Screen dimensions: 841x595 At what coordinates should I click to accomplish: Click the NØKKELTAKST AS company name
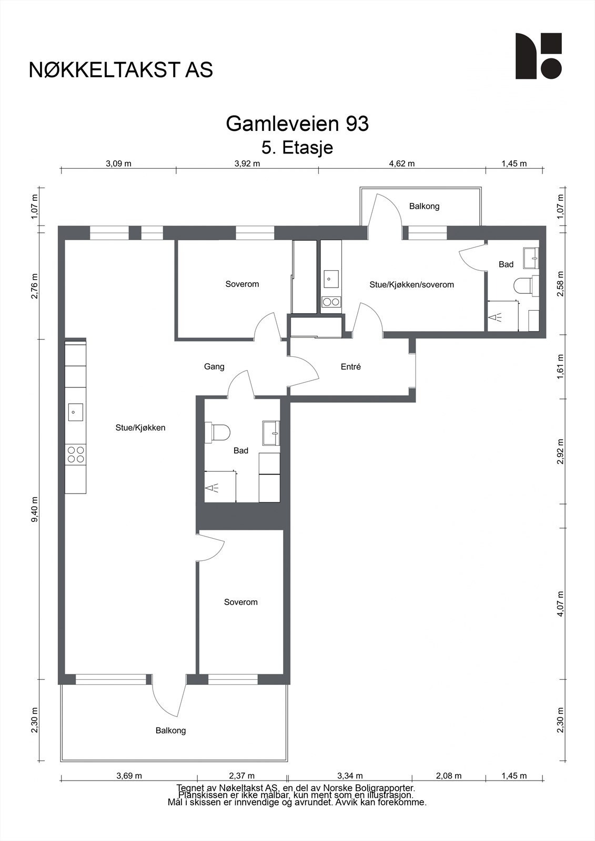tap(121, 70)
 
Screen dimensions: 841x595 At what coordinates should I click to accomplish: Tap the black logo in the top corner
tap(538, 56)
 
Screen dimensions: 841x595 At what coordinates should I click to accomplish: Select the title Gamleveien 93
tap(297, 124)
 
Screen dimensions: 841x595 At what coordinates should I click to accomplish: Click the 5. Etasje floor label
tap(297, 148)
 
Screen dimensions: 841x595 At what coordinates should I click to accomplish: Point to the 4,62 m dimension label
tap(401, 163)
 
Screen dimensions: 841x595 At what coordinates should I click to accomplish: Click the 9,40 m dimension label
tap(35, 509)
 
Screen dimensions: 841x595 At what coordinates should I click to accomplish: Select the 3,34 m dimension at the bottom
tap(350, 776)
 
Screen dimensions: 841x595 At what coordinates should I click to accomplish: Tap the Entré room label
tap(350, 367)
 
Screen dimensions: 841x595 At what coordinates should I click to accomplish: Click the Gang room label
tap(214, 366)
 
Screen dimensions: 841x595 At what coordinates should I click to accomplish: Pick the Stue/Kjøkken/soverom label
tap(411, 284)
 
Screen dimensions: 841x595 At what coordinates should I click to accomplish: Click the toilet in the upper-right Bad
tap(523, 286)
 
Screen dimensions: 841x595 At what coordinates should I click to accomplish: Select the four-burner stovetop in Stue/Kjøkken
tap(76, 454)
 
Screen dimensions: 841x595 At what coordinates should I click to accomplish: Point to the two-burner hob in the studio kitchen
tap(331, 302)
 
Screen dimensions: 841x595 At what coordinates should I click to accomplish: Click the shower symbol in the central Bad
tap(213, 488)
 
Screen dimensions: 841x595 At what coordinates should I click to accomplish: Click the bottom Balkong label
tap(170, 731)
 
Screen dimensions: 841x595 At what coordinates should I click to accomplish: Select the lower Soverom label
tap(240, 602)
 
